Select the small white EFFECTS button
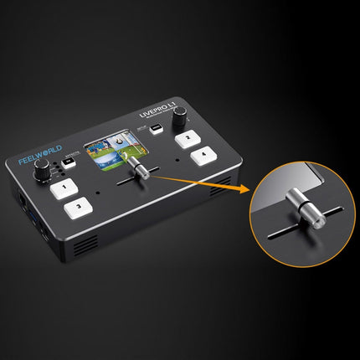click(x=69, y=164)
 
